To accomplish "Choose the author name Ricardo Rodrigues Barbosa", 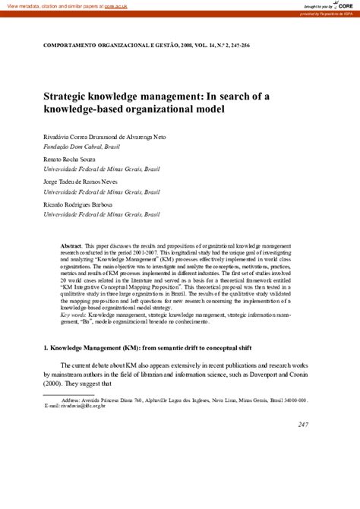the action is tap(79, 204).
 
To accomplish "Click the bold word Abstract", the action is tap(72, 248).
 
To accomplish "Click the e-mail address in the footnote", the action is tap(90, 405).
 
